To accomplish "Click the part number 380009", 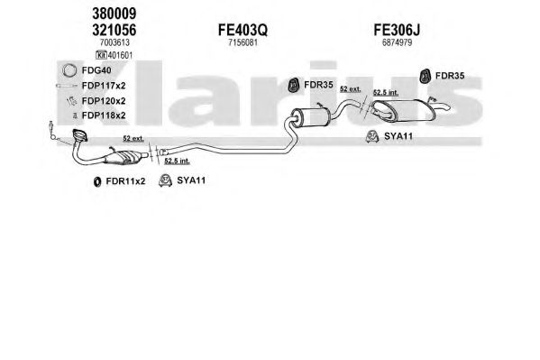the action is coord(114,14).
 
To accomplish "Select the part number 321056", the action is coord(114,30).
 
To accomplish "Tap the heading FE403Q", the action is coord(243,30).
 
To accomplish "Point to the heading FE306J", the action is coord(397,30).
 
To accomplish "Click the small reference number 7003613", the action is coord(114,42).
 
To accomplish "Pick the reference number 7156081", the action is coord(243,42).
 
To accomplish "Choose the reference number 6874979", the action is coord(397,42).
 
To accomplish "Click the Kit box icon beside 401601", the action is coord(101,55).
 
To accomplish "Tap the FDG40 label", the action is coord(96,70).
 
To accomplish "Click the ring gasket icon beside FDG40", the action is coord(69,70).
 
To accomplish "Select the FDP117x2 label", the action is coord(104,86).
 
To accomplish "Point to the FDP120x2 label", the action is coord(104,101).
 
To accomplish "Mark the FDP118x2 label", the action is coord(104,115).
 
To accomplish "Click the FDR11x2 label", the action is coord(125,181).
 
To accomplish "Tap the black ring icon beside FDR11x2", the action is coord(97,181).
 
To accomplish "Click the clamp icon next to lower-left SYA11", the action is coord(165,180).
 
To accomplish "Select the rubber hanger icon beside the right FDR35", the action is coord(426,76).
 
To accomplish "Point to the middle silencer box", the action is coord(311,116).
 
